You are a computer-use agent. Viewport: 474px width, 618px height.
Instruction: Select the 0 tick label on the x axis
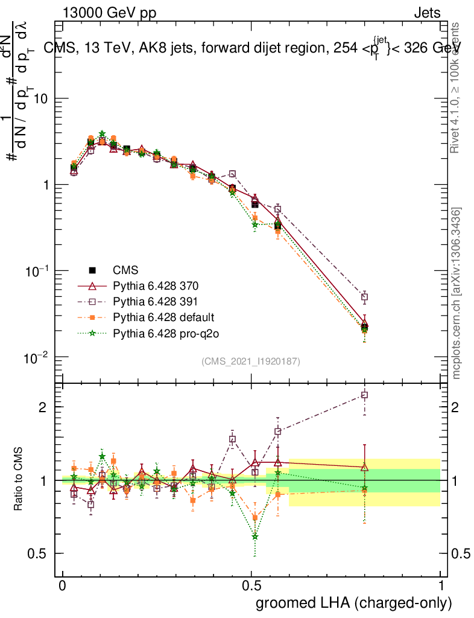point(63,587)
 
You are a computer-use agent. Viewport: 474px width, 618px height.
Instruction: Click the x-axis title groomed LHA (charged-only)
point(355,603)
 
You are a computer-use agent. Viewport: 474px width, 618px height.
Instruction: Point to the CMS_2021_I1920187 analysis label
point(251,361)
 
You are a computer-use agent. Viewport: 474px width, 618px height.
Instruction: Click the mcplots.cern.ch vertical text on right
point(457,294)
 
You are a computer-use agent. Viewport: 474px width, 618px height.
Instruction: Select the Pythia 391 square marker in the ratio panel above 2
point(364,395)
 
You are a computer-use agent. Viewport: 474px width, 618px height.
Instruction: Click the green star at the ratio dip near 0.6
point(255,536)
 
